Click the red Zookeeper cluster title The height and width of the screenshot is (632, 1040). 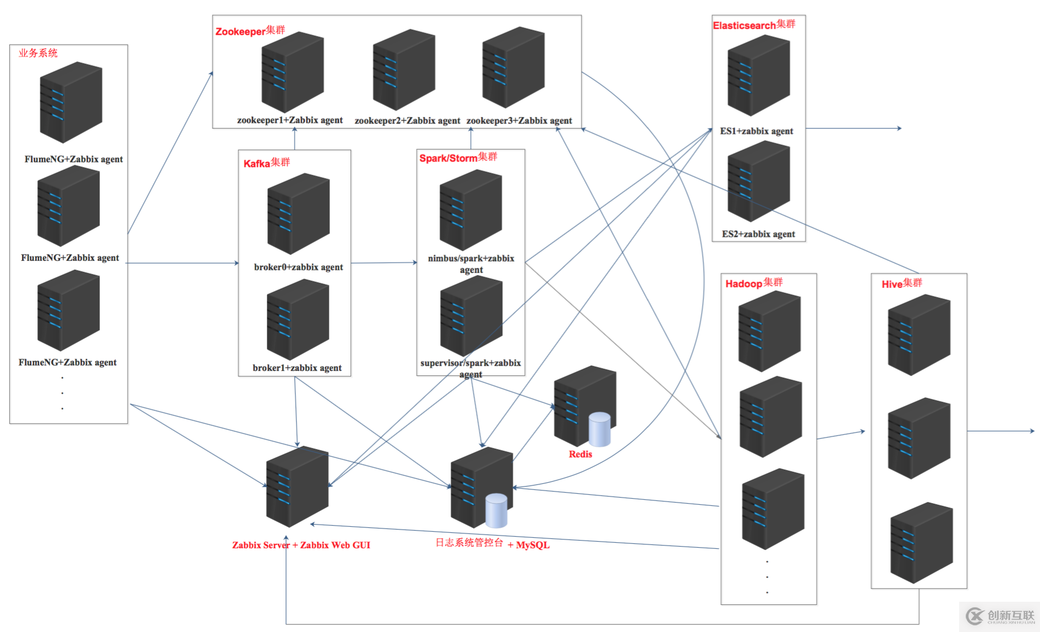click(250, 31)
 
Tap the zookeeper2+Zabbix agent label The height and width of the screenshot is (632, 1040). click(407, 121)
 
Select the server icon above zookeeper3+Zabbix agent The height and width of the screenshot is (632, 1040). click(513, 67)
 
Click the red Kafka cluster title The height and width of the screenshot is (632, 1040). click(266, 163)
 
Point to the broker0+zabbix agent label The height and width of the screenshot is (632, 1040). click(298, 267)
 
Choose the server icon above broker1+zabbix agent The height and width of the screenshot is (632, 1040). click(298, 319)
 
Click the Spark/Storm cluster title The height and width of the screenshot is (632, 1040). click(458, 158)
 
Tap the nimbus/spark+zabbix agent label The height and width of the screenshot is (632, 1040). click(471, 264)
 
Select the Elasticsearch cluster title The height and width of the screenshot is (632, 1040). click(754, 25)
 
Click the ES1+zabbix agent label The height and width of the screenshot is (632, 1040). click(756, 131)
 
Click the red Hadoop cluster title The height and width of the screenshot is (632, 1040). click(753, 284)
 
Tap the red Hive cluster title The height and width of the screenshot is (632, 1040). click(901, 284)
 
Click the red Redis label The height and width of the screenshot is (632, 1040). click(580, 454)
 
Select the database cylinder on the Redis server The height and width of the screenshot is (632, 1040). click(599, 429)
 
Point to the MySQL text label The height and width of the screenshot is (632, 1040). click(532, 545)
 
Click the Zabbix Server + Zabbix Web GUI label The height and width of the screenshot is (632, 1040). click(301, 545)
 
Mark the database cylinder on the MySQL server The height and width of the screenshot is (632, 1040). click(496, 510)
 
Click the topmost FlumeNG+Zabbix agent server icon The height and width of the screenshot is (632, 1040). click(71, 102)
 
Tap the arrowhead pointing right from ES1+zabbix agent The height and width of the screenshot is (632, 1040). click(899, 128)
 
